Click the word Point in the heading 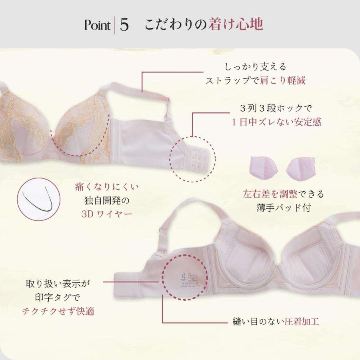pyautogui.click(x=97, y=25)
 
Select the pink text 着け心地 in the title pyautogui.click(x=236, y=24)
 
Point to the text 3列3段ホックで pyautogui.click(x=276, y=108)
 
